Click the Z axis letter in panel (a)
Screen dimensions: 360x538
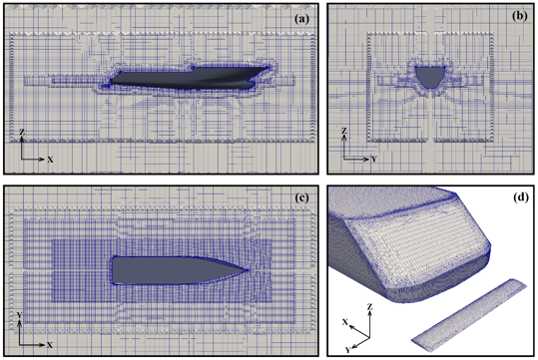coord(21,131)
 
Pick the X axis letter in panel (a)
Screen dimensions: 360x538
coord(50,160)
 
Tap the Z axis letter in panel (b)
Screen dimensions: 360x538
coord(343,131)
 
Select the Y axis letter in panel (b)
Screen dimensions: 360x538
coord(371,160)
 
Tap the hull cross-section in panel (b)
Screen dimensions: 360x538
coord(431,75)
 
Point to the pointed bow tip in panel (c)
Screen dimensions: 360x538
coord(250,268)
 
